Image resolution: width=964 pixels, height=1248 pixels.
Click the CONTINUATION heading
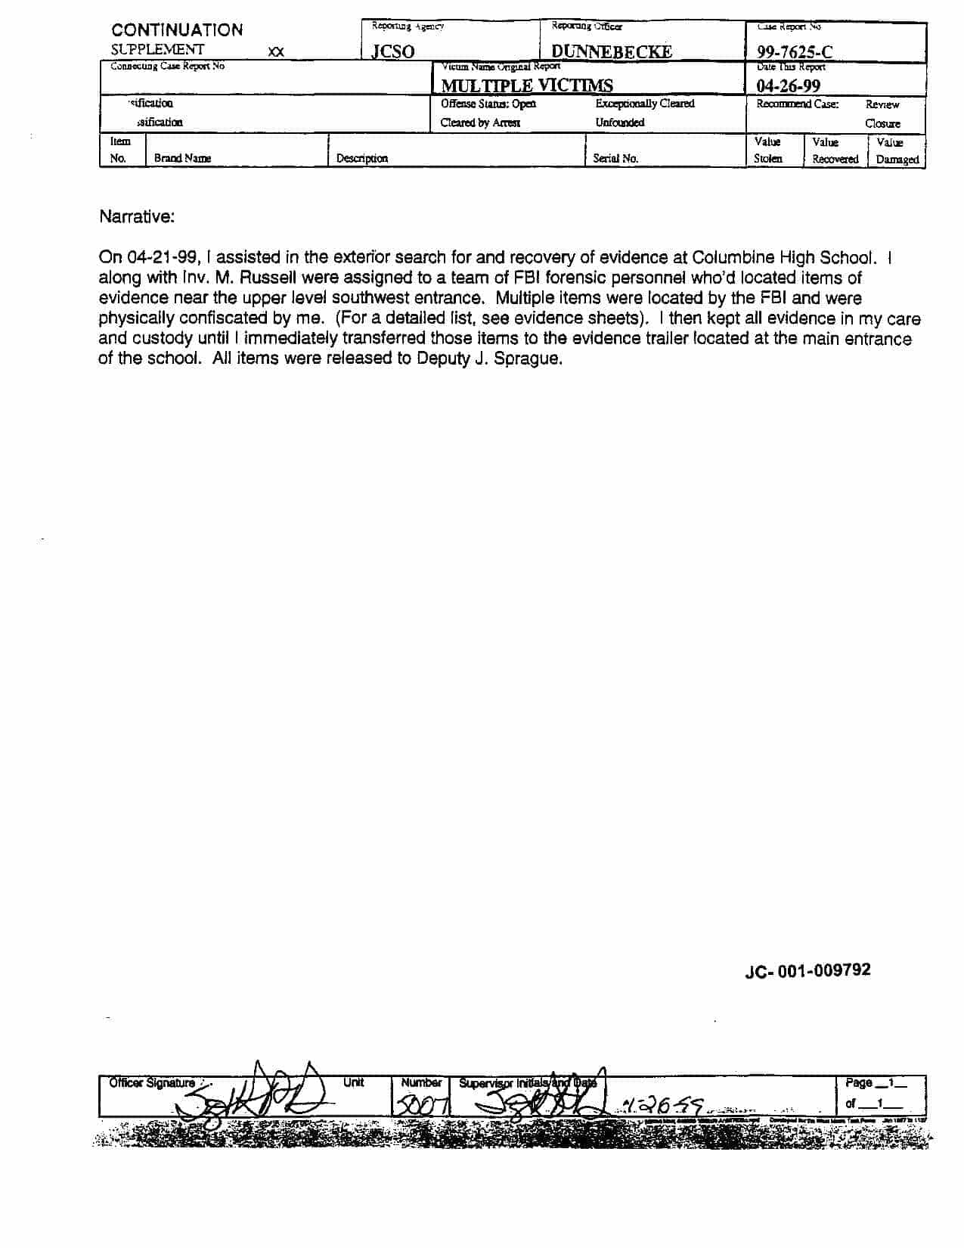(177, 30)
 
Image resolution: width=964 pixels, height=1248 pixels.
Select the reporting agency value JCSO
(392, 52)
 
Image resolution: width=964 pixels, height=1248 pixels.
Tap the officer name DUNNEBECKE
(611, 52)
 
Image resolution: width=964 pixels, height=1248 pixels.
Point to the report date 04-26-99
(788, 85)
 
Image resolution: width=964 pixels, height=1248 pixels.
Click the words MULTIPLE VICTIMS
(527, 85)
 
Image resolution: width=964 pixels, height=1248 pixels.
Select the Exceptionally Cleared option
(644, 104)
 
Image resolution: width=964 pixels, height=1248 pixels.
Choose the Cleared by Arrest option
(480, 123)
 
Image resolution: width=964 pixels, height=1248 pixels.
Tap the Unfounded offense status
(619, 123)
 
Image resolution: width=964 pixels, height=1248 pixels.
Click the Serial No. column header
(615, 159)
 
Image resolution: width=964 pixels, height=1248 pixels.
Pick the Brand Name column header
(182, 159)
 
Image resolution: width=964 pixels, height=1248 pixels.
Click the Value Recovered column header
(835, 151)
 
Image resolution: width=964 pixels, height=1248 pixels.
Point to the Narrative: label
(136, 217)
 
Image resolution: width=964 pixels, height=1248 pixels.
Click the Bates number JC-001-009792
(807, 970)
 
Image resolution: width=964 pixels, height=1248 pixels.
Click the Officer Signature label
(151, 1083)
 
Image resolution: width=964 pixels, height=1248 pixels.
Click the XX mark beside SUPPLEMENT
(276, 52)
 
